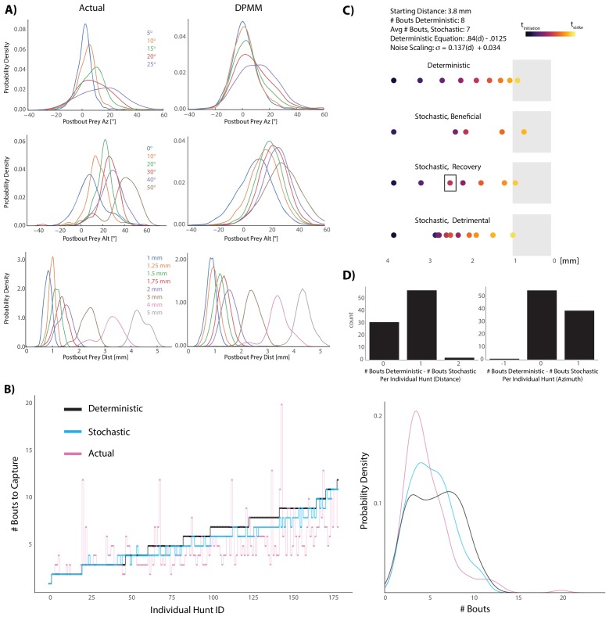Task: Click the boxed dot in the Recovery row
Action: (450, 183)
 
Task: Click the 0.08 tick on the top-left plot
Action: (21, 27)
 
